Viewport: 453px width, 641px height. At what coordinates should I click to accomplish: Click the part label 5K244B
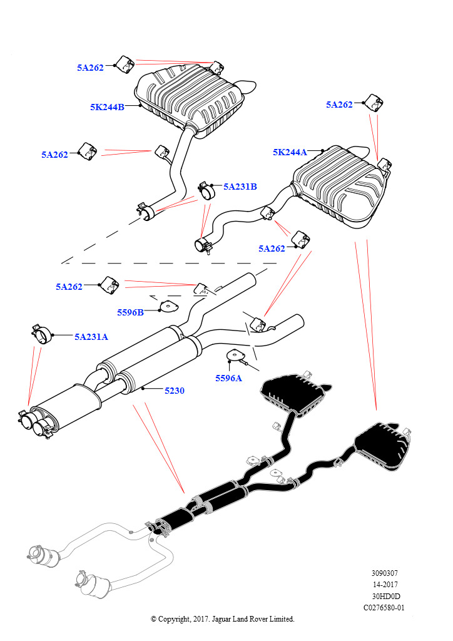point(107,108)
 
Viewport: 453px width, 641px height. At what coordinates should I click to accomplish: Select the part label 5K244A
point(290,153)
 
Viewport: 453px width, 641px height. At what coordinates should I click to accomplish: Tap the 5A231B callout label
point(240,187)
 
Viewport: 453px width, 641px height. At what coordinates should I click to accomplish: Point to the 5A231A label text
point(91,337)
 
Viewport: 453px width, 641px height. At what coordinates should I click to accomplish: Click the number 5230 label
point(175,391)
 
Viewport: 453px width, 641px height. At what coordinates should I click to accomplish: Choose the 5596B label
point(130,313)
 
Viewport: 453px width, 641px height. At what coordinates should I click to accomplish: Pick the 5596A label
point(229,378)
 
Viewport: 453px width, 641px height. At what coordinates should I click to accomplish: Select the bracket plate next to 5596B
point(168,307)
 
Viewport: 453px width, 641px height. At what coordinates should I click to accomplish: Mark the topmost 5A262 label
point(90,68)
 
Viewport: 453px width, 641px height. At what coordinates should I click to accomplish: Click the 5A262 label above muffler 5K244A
point(339,105)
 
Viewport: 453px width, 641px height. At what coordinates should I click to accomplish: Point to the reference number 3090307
point(384,573)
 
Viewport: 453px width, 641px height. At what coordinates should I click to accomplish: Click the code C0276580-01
point(384,607)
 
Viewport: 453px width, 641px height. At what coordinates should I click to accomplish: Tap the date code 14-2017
point(385,585)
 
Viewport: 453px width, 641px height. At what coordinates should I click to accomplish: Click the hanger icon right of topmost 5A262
point(124,64)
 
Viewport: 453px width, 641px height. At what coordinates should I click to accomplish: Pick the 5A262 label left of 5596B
point(69,287)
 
